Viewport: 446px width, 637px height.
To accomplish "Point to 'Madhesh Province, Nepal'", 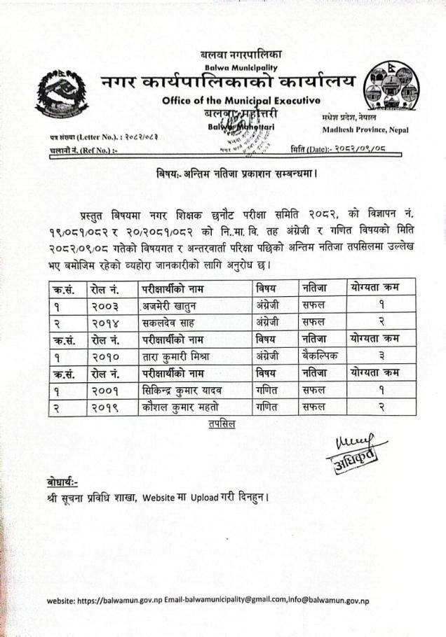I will coord(365,130).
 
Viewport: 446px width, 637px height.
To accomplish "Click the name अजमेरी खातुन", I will coord(174,304).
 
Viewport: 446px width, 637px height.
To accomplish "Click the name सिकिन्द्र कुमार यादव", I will coord(187,389).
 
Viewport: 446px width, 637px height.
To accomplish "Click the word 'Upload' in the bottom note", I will coord(207,498).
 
